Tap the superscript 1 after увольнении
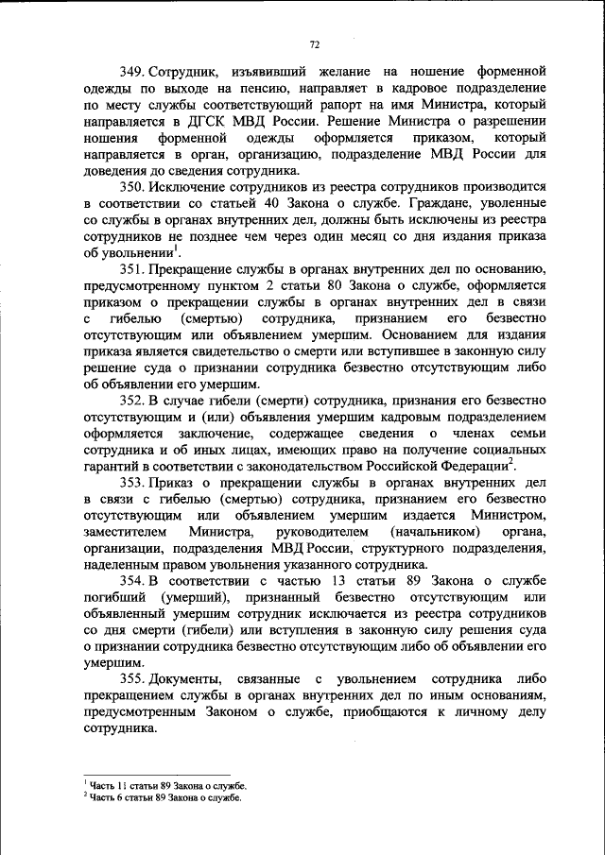[176, 248]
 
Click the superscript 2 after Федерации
[511, 463]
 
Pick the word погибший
[112, 597]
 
